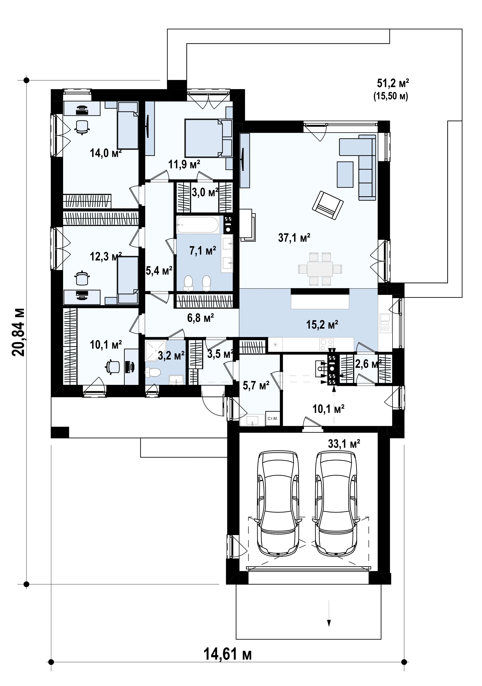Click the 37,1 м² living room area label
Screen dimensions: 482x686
(294, 238)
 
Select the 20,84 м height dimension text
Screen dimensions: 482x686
(18, 332)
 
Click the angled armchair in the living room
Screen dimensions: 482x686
(327, 205)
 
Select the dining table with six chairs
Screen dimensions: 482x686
(320, 269)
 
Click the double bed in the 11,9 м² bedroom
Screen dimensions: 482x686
(204, 138)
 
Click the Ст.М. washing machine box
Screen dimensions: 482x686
(273, 418)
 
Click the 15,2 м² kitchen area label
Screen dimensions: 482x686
(322, 324)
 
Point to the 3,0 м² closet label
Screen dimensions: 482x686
(205, 192)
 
